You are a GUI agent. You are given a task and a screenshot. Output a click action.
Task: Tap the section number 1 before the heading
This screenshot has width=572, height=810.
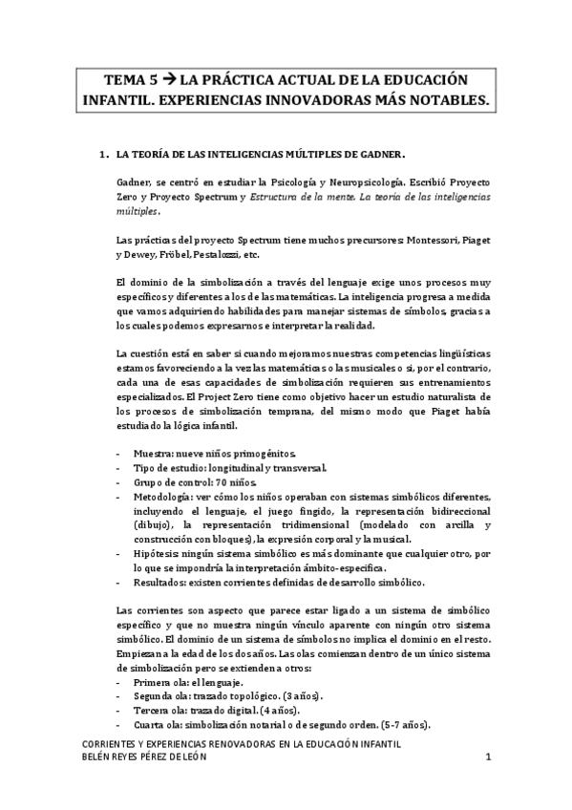tap(102, 153)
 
